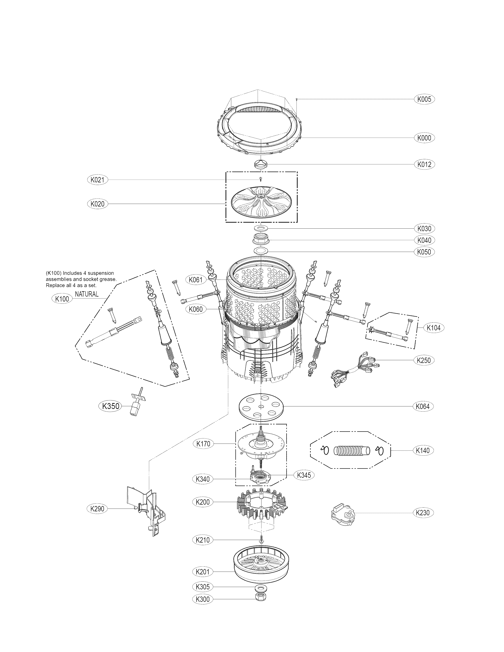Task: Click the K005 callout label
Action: click(424, 99)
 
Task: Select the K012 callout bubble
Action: click(424, 164)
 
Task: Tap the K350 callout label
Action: click(110, 406)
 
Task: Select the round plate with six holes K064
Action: click(261, 407)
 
